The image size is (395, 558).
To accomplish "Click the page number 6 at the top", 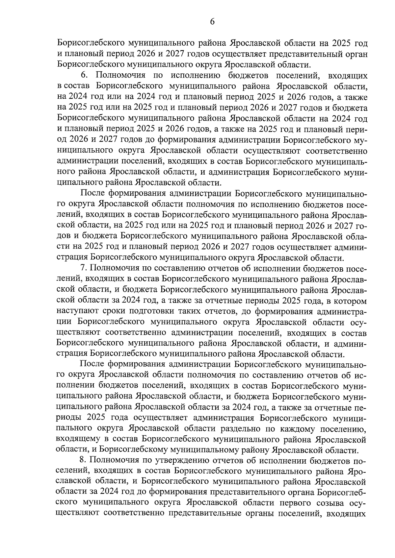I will click(x=212, y=22).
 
